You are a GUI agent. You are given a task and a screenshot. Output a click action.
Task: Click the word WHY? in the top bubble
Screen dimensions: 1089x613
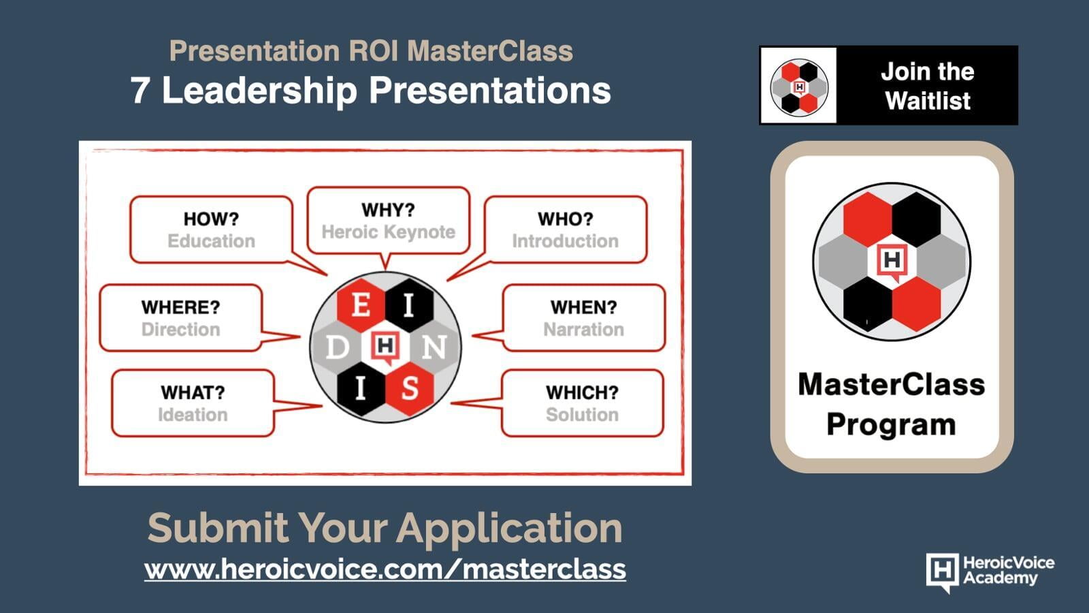pyautogui.click(x=388, y=210)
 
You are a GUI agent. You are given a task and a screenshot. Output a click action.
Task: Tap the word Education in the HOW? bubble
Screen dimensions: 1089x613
pyautogui.click(x=212, y=241)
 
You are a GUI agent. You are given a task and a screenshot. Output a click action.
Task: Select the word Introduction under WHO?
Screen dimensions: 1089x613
pyautogui.click(x=565, y=241)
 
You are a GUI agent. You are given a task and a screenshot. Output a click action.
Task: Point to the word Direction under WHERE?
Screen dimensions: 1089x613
pyautogui.click(x=181, y=330)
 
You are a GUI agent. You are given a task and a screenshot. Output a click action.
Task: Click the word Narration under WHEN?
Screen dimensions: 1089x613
pyautogui.click(x=583, y=330)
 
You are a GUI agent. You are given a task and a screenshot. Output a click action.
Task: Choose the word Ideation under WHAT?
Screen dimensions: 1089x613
pyautogui.click(x=193, y=415)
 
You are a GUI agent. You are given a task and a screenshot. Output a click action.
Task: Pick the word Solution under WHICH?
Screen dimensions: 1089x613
pyautogui.click(x=582, y=415)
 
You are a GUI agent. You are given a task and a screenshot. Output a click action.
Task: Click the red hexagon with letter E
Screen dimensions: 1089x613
pyautogui.click(x=361, y=306)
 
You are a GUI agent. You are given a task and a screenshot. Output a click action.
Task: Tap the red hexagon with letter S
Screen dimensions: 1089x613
pyautogui.click(x=409, y=389)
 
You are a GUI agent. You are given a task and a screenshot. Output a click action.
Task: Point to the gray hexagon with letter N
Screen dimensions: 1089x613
pyautogui.click(x=434, y=347)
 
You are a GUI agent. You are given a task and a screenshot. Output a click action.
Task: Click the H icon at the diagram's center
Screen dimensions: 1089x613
pyautogui.click(x=385, y=347)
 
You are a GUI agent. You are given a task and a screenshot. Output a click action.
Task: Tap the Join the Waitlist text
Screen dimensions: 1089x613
pyautogui.click(x=928, y=86)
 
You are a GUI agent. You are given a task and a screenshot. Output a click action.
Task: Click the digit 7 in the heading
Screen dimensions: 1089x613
pyautogui.click(x=140, y=91)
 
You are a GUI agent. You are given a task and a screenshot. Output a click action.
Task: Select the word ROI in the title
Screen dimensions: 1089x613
pyautogui.click(x=374, y=51)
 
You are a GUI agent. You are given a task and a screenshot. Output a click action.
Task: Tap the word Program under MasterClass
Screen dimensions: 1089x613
pyautogui.click(x=891, y=425)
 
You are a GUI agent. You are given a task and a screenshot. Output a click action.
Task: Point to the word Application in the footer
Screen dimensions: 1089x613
pyautogui.click(x=509, y=529)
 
